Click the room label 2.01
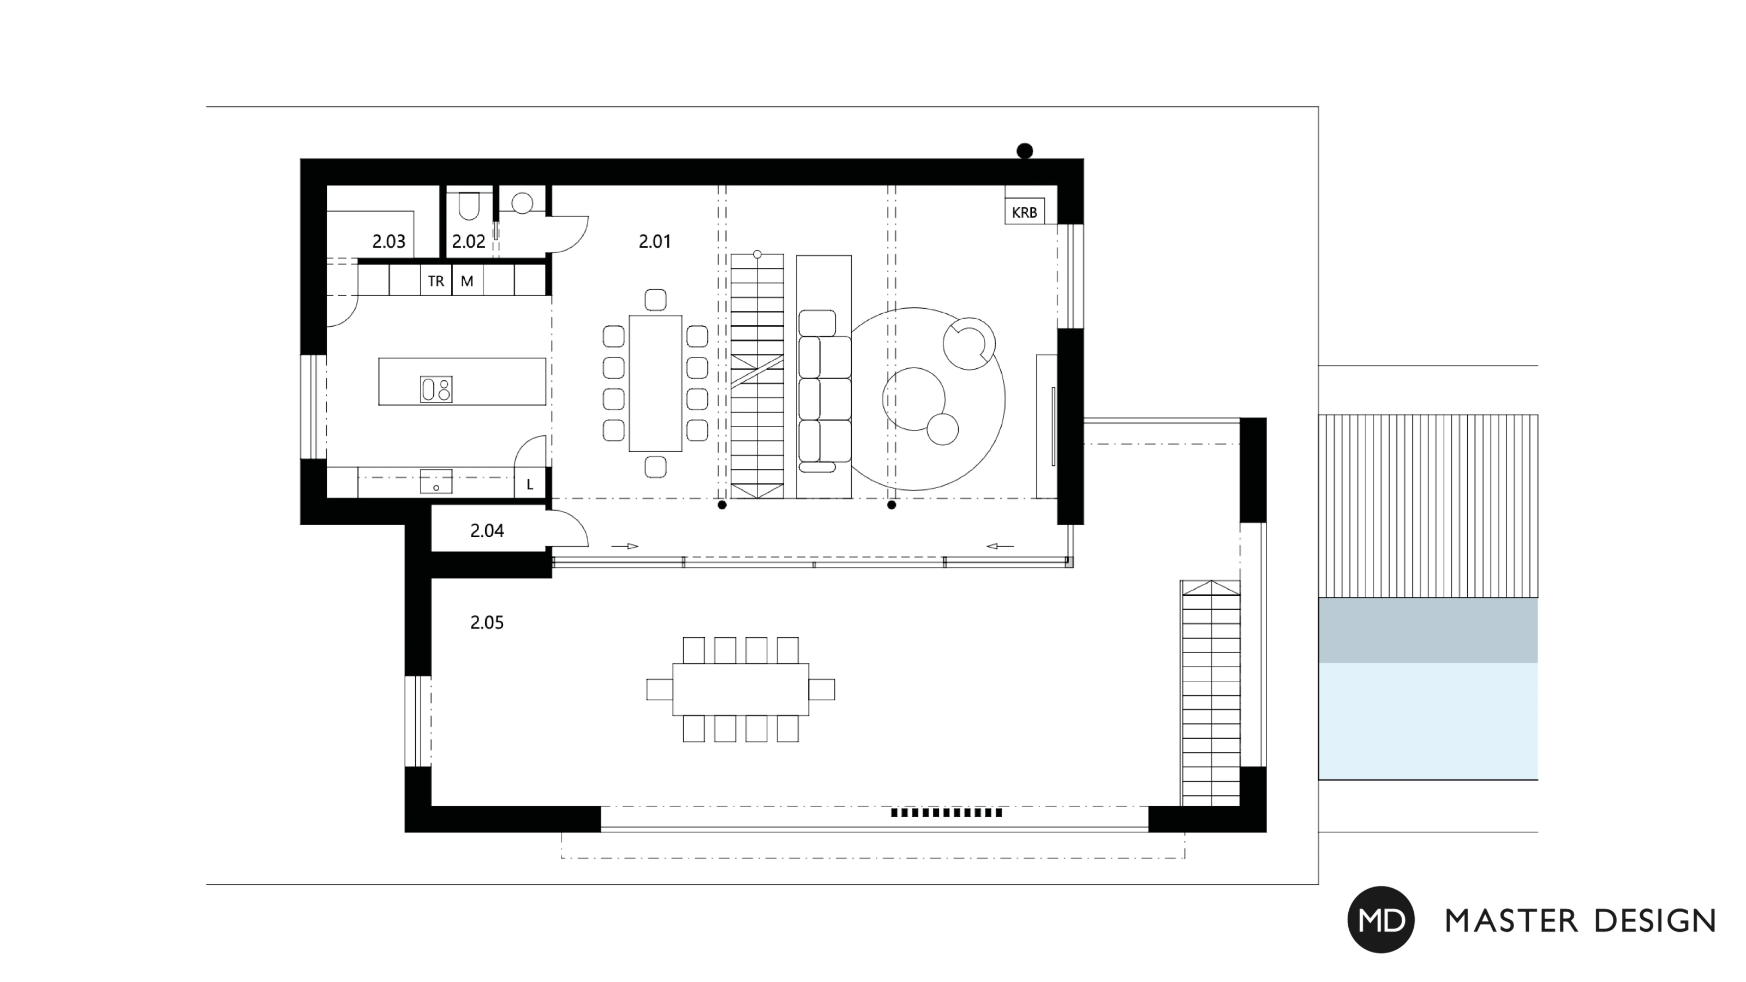(655, 241)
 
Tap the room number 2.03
(388, 241)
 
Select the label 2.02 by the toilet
(468, 241)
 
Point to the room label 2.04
(487, 531)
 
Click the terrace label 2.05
(487, 622)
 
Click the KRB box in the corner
(1024, 212)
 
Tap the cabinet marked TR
(436, 280)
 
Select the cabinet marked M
(467, 280)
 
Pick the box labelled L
(530, 483)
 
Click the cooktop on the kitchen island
(436, 390)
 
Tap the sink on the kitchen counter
(436, 482)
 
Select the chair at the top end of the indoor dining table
(655, 300)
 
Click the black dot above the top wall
(1025, 151)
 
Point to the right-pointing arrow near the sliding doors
(625, 546)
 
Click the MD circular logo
(1380, 920)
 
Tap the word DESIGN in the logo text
(1655, 921)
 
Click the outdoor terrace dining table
(741, 689)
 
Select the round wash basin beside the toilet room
(522, 202)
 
